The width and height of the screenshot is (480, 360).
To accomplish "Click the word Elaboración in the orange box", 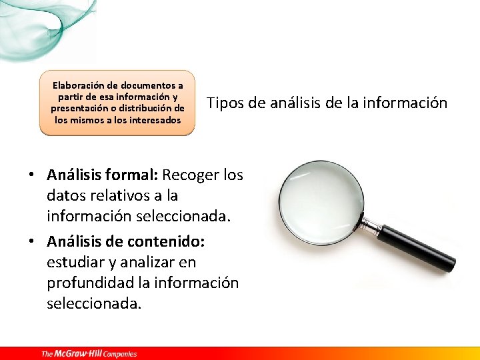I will pos(78,85).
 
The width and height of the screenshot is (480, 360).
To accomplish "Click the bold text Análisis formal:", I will pos(102,175).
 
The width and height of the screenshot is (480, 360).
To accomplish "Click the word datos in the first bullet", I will pos(66,196).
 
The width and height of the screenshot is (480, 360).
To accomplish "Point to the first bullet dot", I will pos(31,175).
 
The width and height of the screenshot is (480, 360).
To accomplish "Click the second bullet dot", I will pos(31,241).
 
